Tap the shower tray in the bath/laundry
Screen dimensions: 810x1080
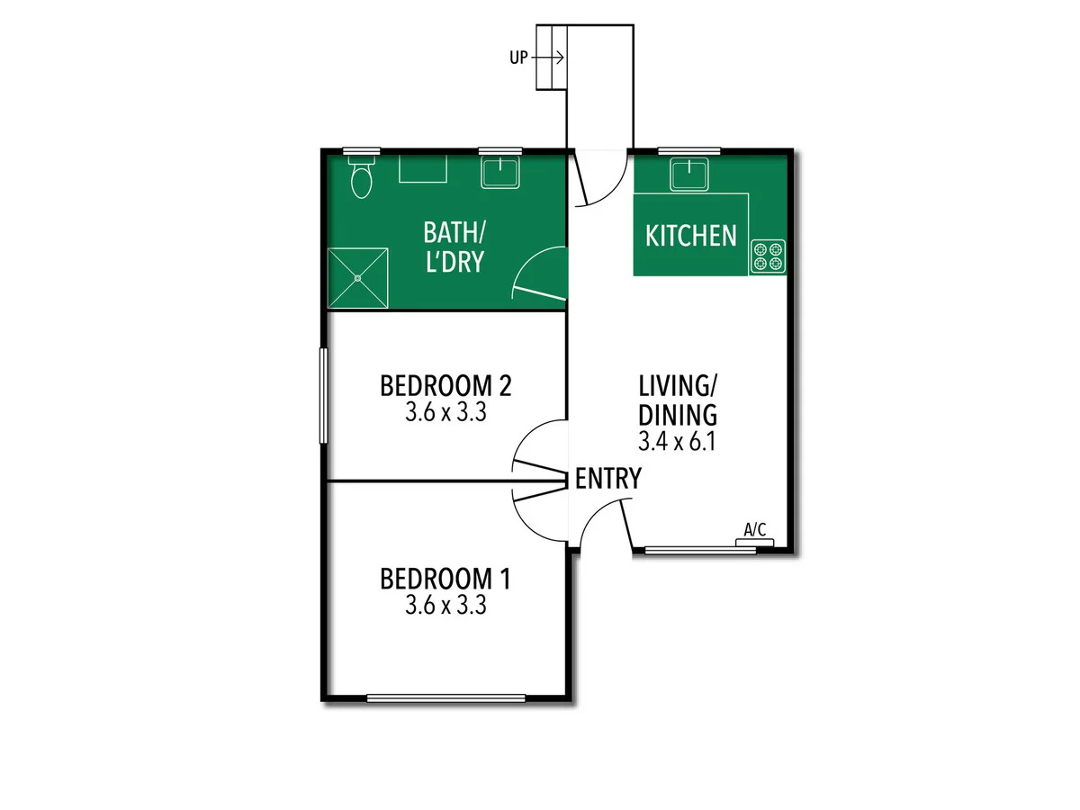tap(357, 278)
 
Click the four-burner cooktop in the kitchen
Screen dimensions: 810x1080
tap(768, 256)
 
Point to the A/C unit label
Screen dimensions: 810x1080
tap(755, 530)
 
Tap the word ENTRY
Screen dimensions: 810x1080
tap(608, 479)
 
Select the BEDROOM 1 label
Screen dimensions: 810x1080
tap(445, 578)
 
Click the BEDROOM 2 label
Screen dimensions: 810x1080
tap(445, 386)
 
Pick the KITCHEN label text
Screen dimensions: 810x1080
tap(691, 236)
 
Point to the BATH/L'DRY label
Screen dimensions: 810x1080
tap(454, 247)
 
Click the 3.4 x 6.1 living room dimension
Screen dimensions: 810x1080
tap(677, 442)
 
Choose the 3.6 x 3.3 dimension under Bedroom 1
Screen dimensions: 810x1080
tap(445, 606)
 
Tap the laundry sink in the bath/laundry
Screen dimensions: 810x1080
tap(501, 172)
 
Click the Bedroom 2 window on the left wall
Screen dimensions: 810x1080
tap(323, 395)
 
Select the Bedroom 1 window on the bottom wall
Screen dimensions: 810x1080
tap(445, 697)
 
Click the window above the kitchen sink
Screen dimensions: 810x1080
tap(689, 150)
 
